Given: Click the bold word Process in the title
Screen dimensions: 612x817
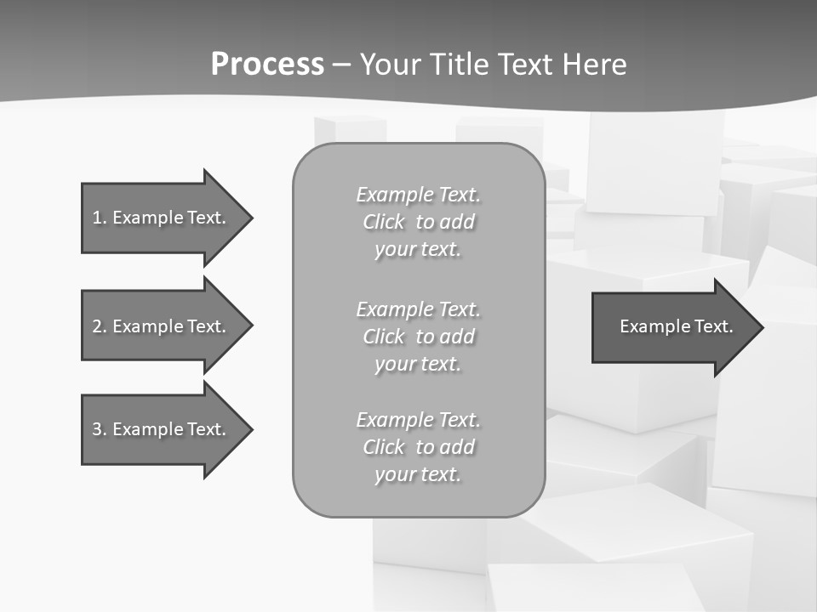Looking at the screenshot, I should tap(267, 65).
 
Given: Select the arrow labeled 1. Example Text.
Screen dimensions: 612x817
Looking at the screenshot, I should tap(159, 218).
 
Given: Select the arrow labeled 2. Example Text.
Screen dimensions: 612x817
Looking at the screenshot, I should tap(159, 326).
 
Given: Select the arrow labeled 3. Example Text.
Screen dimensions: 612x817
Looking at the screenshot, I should tap(159, 429).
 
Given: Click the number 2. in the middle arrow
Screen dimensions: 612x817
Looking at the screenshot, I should tap(99, 326).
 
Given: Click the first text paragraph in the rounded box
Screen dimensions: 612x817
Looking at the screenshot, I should tap(418, 222).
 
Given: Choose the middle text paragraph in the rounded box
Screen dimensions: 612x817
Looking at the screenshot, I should tap(418, 337).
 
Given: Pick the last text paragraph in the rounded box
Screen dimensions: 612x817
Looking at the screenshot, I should tap(418, 447).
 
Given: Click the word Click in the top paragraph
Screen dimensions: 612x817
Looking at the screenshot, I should tap(383, 222).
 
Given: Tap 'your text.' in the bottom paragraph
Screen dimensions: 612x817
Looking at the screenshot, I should tap(418, 474).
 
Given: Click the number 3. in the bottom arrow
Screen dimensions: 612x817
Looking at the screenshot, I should tap(99, 429).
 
